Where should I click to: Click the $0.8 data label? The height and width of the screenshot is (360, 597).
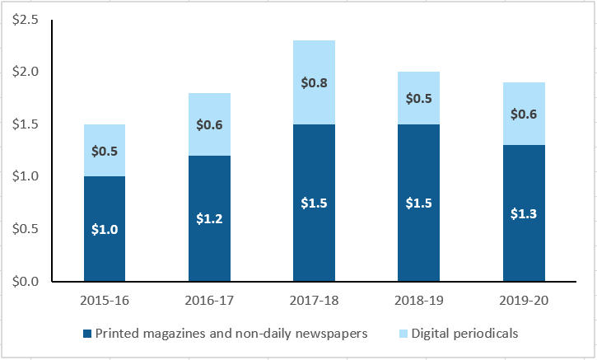(314, 82)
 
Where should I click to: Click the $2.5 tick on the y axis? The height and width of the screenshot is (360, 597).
(26, 20)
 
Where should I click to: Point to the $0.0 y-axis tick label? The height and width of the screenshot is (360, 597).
(26, 282)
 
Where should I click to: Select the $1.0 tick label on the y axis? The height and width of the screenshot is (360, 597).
(26, 177)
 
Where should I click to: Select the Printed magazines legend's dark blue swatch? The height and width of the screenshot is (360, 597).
(86, 334)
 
